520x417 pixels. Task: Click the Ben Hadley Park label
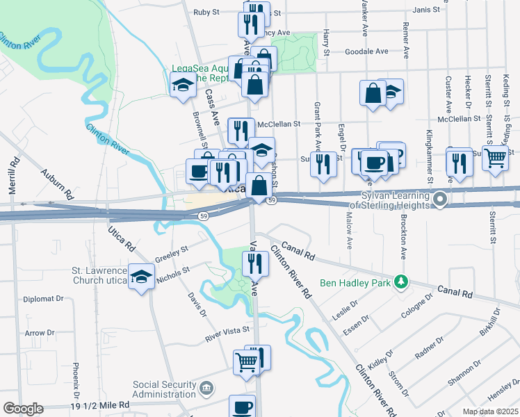pos(355,283)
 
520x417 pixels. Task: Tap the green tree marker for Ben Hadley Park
pos(400,282)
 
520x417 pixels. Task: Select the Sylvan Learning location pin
pos(439,201)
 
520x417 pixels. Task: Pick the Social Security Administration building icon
pos(206,387)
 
